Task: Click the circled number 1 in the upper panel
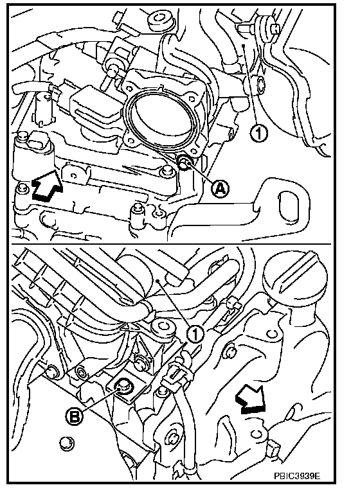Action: click(x=258, y=134)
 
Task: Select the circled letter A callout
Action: click(x=220, y=188)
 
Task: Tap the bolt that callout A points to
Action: click(x=183, y=163)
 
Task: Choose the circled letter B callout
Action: click(x=75, y=417)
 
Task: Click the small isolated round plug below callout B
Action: click(x=67, y=443)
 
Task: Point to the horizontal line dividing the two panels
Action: click(x=171, y=244)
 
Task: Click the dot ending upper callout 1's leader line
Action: click(x=244, y=46)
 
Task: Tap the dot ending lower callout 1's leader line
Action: click(x=159, y=280)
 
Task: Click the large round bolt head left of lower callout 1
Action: click(x=163, y=328)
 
